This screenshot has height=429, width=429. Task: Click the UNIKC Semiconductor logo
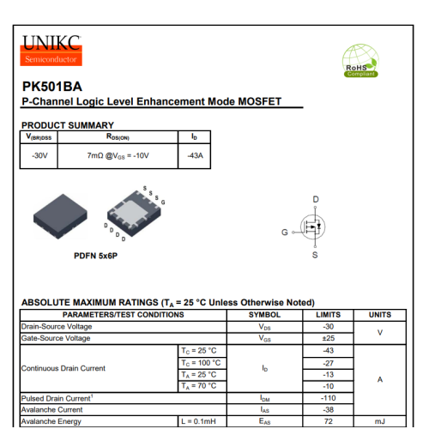pos(51,49)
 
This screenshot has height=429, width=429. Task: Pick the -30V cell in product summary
pos(39,155)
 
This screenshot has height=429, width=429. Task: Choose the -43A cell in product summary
pos(195,155)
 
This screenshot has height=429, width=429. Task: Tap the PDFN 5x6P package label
pos(95,256)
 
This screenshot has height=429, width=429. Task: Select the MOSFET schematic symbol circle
pos(313,227)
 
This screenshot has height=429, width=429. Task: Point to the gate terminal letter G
pos(285,233)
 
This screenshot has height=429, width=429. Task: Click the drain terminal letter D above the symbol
pos(316,199)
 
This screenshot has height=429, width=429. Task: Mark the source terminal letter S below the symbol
pos(315,255)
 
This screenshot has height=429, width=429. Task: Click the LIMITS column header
pos(327,315)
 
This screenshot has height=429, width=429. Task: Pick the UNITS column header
pos(379,315)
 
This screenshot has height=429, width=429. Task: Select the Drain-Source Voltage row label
pos(56,327)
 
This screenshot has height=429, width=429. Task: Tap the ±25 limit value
pos(327,338)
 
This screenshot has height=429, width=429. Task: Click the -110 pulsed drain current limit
pos(327,398)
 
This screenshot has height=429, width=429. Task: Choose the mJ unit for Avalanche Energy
pos(379,421)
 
